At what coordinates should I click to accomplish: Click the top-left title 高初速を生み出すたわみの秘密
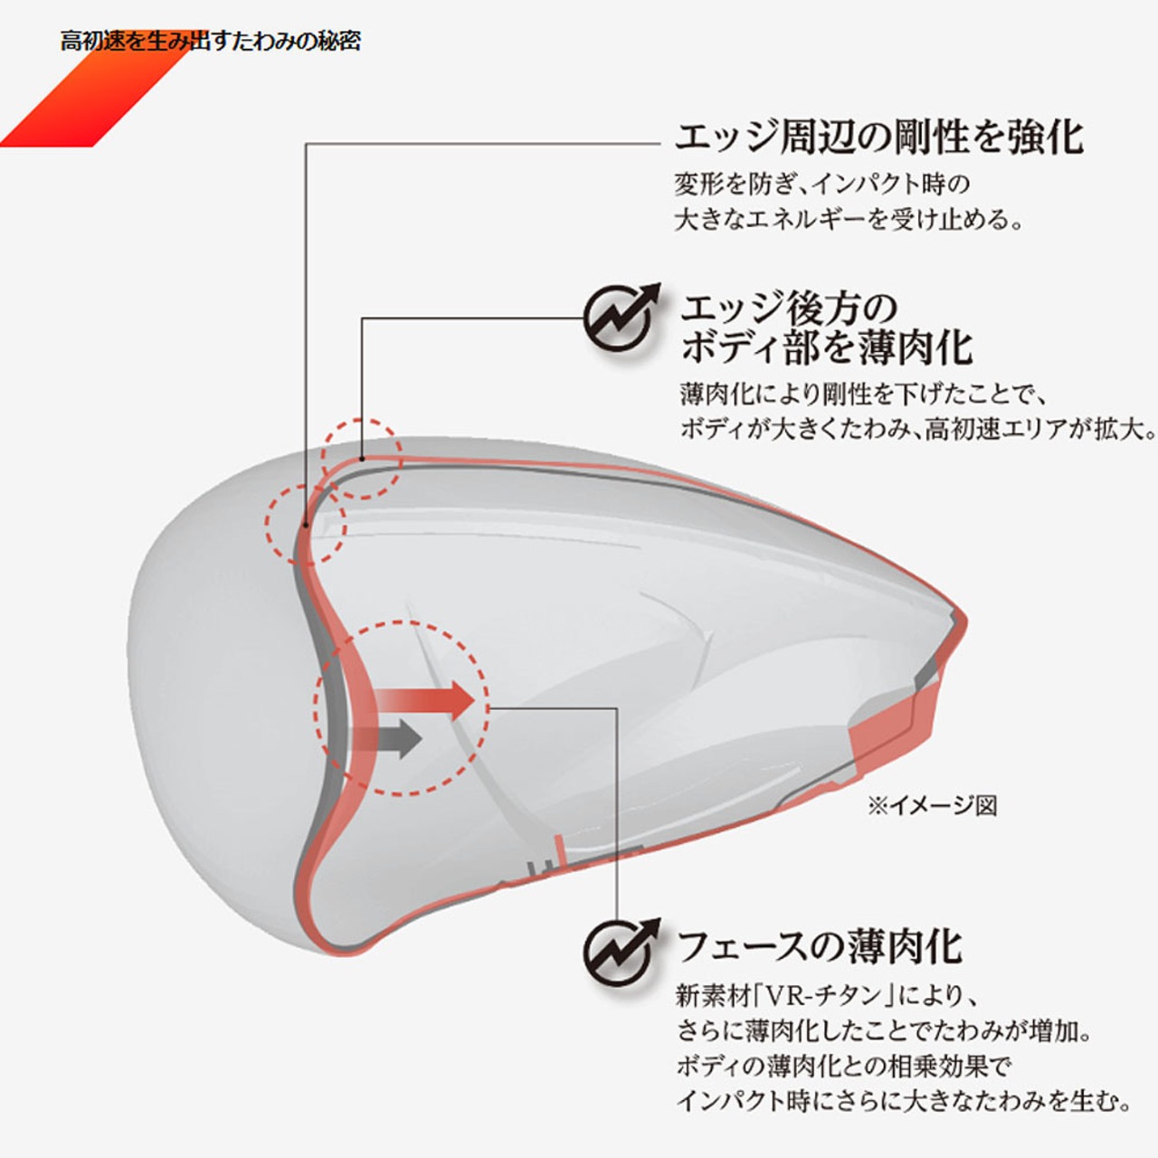coord(210,42)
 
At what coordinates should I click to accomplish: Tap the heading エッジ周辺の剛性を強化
coord(878,138)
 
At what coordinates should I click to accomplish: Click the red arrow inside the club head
coord(425,699)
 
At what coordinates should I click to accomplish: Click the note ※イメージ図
coord(932,805)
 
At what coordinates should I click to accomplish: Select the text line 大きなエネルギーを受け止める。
coord(850,220)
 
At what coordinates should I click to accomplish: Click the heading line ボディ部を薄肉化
coord(826,347)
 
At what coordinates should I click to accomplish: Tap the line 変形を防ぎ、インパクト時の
coord(821,185)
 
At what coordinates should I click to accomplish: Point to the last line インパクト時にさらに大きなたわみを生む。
coord(904,1101)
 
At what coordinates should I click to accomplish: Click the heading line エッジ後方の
coord(788,308)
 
